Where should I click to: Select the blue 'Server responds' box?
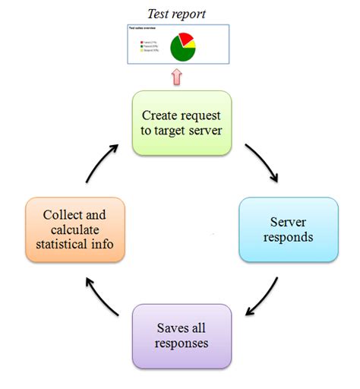288,230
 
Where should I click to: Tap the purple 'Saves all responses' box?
182,337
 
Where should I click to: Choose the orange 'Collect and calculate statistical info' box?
74,230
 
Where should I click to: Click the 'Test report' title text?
175,14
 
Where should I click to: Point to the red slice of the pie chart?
185,39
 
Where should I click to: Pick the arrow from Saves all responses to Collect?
101,298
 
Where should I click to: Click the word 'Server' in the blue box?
289,223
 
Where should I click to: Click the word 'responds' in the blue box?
289,238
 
